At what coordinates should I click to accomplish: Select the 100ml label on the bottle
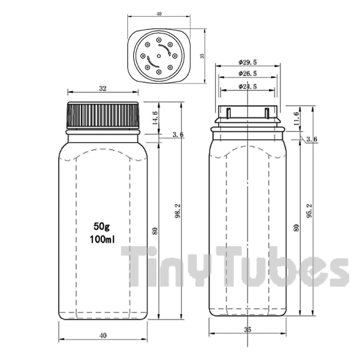pyautogui.click(x=102, y=239)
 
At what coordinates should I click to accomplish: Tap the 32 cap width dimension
pyautogui.click(x=103, y=88)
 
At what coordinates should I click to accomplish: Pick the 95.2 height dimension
pyautogui.click(x=310, y=211)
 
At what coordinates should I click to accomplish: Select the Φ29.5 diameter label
pyautogui.click(x=247, y=62)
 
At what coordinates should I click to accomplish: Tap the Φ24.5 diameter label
pyautogui.click(x=247, y=86)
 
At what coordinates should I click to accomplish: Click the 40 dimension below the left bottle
pyautogui.click(x=103, y=335)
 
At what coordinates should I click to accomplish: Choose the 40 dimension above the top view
pyautogui.click(x=159, y=14)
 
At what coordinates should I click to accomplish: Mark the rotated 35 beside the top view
pyautogui.click(x=202, y=56)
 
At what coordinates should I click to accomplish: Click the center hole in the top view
pyautogui.click(x=159, y=56)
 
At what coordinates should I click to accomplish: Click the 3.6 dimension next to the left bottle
pyautogui.click(x=178, y=135)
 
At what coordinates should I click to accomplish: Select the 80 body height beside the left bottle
pyautogui.click(x=155, y=231)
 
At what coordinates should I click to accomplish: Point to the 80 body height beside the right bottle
pyautogui.click(x=297, y=227)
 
